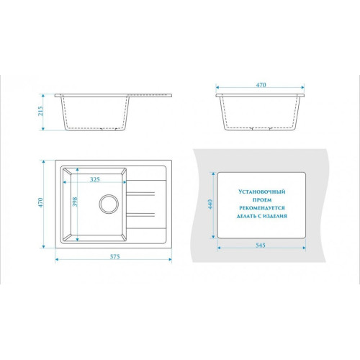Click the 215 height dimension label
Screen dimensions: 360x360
(41, 111)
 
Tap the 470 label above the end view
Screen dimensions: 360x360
(261, 85)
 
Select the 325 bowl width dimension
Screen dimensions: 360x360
(95, 179)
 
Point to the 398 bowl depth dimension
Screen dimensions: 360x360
(75, 202)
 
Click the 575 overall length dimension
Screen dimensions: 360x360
(114, 256)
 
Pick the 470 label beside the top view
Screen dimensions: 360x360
(40, 202)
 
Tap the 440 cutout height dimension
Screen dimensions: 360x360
(210, 204)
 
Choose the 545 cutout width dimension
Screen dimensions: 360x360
(261, 245)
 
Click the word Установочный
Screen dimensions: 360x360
(262, 192)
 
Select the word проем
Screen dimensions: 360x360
(262, 199)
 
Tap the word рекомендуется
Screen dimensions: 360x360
(262, 208)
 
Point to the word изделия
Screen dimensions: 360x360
(275, 216)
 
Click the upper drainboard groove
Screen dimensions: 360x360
(140, 194)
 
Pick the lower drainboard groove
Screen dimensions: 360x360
(140, 215)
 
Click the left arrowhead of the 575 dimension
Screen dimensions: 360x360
(57, 259)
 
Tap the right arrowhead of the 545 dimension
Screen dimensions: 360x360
(304, 248)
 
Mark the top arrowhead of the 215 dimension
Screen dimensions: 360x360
(43, 96)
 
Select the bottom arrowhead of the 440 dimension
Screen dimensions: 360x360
(213, 236)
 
